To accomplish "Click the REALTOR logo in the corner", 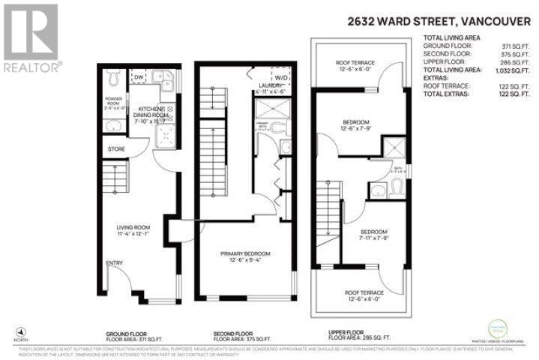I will coord(31,39).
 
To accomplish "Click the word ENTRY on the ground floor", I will coord(115,263).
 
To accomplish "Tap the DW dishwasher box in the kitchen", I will coord(139,76).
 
